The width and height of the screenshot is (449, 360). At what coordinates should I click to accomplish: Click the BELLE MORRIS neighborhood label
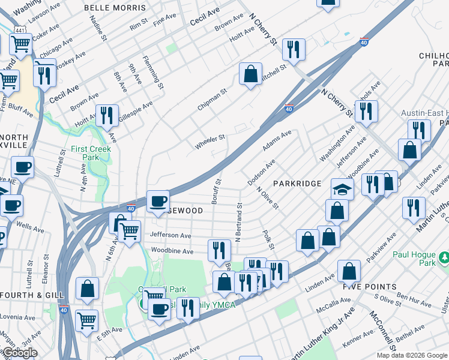click(x=115, y=8)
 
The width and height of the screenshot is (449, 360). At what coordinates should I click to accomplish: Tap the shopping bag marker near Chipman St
click(x=251, y=74)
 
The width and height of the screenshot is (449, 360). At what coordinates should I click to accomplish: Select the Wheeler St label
click(x=209, y=142)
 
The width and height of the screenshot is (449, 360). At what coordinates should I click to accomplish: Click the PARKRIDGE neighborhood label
click(x=298, y=183)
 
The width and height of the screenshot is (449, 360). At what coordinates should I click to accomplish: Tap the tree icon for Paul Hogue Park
click(x=444, y=257)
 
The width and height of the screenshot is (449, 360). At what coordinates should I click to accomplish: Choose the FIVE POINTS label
click(x=370, y=287)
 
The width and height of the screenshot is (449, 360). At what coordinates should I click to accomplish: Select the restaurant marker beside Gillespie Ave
click(x=107, y=115)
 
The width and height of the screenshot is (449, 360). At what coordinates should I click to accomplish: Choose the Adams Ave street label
click(x=277, y=141)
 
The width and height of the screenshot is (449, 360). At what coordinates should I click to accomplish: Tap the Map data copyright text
click(x=412, y=355)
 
